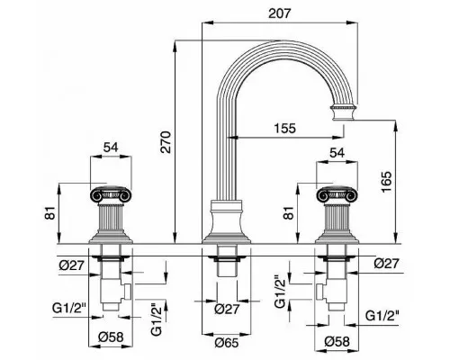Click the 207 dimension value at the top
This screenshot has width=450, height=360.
pyautogui.click(x=280, y=13)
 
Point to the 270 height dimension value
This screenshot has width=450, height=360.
pyautogui.click(x=166, y=142)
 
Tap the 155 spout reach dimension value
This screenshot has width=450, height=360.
pyautogui.click(x=284, y=129)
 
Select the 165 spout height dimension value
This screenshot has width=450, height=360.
pyautogui.click(x=386, y=182)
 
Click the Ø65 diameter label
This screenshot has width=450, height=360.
pyautogui.click(x=227, y=343)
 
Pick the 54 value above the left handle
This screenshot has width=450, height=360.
pyautogui.click(x=111, y=148)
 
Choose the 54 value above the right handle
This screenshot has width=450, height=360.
pyautogui.click(x=337, y=153)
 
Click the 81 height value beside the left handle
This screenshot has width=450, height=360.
pyautogui.click(x=50, y=213)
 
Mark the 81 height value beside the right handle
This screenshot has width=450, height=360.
pyautogui.click(x=289, y=213)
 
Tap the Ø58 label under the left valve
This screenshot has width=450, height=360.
pyautogui.click(x=111, y=337)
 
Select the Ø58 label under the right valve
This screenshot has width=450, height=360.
pyautogui.click(x=337, y=341)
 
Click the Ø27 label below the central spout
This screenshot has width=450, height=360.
pyautogui.click(x=227, y=309)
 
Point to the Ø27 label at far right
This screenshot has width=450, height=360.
pyautogui.click(x=387, y=264)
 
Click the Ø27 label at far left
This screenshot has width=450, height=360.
pyautogui.click(x=71, y=265)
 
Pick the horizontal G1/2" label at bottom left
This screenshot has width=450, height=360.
pyautogui.click(x=69, y=308)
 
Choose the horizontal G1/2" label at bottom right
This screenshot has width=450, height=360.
pyautogui.click(x=382, y=316)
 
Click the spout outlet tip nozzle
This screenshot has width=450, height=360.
pyautogui.click(x=344, y=112)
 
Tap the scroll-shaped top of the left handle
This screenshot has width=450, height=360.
pyautogui.click(x=111, y=194)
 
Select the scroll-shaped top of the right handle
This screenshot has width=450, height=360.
pyautogui.click(x=337, y=194)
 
